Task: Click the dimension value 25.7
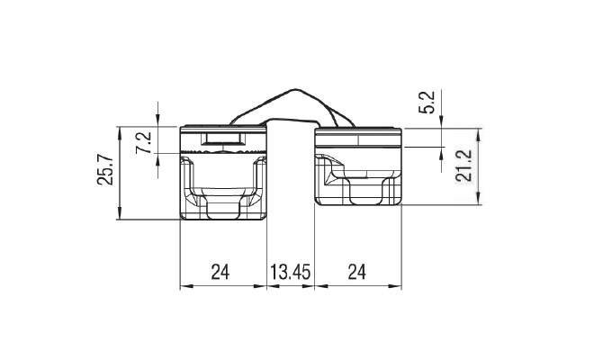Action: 105,169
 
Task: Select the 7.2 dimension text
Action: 144,142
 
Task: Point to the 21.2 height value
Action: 464,166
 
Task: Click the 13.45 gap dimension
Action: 290,272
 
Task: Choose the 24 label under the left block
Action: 220,272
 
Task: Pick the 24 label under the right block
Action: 357,272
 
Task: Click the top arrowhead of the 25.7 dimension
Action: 120,132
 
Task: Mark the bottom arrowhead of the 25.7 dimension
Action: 120,213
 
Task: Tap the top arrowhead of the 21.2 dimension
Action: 478,134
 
